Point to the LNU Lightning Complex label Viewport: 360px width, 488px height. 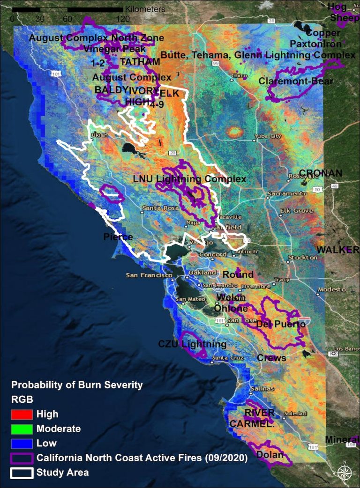189,179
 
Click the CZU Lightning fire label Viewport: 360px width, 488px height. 192,345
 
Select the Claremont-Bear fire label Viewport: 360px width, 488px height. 296,81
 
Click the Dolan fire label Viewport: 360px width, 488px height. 270,455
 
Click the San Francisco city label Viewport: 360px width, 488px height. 143,275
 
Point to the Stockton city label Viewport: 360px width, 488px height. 303,258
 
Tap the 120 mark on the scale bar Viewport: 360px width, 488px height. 123,19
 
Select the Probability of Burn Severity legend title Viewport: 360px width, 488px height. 77,385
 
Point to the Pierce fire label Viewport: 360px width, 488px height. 118,237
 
